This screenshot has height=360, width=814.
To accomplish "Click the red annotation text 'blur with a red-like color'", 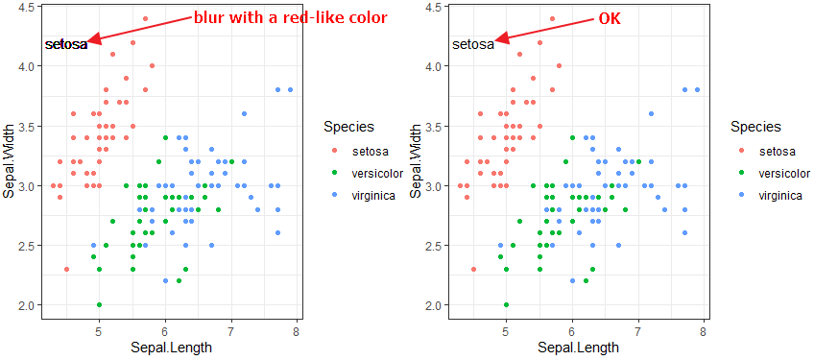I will click(x=290, y=18).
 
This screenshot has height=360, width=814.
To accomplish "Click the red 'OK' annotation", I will click(x=610, y=19).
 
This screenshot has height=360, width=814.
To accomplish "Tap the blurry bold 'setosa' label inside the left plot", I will click(x=66, y=44).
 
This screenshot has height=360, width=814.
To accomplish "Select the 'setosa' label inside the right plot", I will click(x=472, y=44).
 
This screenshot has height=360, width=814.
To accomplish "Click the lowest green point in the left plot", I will click(x=99, y=305).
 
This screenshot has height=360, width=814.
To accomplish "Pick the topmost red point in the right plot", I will click(x=552, y=18).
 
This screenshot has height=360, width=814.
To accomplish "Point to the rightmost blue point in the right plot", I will click(x=697, y=90).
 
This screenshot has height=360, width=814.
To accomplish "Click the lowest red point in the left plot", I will click(x=66, y=270).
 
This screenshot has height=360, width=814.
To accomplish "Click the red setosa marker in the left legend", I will click(x=333, y=152).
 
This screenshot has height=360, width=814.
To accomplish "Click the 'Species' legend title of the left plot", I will click(x=348, y=127).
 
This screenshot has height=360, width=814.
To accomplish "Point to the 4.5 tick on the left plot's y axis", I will click(x=28, y=7).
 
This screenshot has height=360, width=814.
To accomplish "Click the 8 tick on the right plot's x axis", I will click(x=704, y=332).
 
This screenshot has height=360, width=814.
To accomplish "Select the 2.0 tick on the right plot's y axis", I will click(x=435, y=305).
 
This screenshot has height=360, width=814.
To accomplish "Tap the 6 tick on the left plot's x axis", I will click(x=165, y=332).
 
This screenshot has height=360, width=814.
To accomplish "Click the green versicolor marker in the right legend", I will click(x=740, y=174).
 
